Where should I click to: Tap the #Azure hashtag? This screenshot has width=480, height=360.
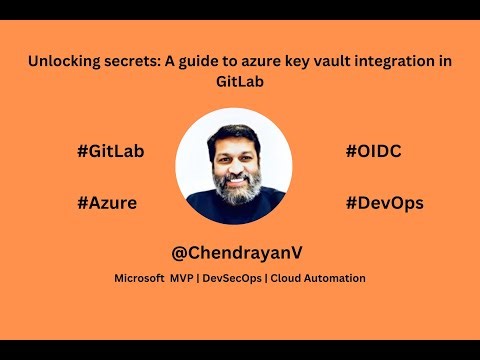click(x=106, y=202)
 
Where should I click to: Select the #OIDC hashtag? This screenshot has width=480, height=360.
click(x=373, y=152)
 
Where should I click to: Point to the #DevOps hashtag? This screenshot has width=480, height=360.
click(x=384, y=202)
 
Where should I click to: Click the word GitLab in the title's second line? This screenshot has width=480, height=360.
click(x=240, y=82)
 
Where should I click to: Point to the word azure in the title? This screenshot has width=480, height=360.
click(x=254, y=61)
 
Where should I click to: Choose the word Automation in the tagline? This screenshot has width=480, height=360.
click(x=335, y=277)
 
